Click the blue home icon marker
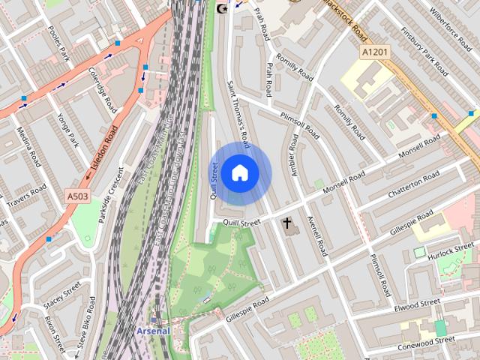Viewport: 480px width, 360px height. pos(239,172)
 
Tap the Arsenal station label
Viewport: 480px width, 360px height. pos(153,330)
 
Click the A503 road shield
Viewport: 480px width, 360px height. pos(77,196)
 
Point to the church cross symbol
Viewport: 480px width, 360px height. pos(286,223)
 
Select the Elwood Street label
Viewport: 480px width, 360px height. pos(417,304)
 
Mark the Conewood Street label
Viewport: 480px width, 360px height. pos(428,340)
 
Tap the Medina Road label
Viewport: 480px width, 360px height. pos(30,148)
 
